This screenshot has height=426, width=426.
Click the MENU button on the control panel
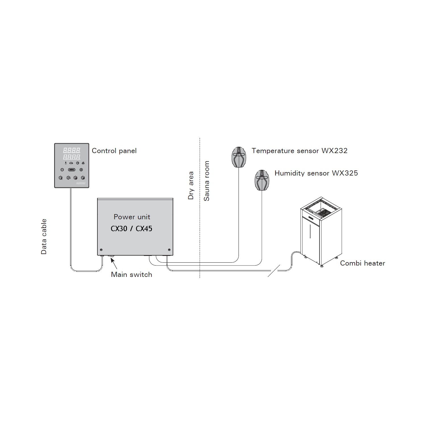tap(72, 170)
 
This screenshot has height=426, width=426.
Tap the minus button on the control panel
tap(62, 170)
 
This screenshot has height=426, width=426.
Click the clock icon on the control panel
tap(77, 163)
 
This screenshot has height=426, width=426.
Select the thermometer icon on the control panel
tap(66, 163)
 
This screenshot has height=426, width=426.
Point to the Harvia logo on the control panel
tap(81, 183)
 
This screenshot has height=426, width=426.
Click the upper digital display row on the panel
tap(72, 150)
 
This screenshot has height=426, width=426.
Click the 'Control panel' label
tap(114, 151)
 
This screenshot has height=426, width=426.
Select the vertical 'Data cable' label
tap(44, 237)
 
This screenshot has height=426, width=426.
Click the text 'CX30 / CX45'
tap(131, 229)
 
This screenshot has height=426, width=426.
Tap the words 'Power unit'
tap(132, 217)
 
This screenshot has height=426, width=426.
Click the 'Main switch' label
tap(131, 275)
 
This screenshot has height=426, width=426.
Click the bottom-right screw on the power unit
tap(169, 250)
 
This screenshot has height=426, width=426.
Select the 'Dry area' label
tap(191, 185)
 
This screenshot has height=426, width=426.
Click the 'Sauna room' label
tap(207, 181)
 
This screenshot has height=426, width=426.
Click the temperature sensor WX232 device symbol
tap(239, 157)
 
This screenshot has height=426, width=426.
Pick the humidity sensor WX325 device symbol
tap(262, 180)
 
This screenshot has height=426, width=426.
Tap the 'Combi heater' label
tap(362, 263)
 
